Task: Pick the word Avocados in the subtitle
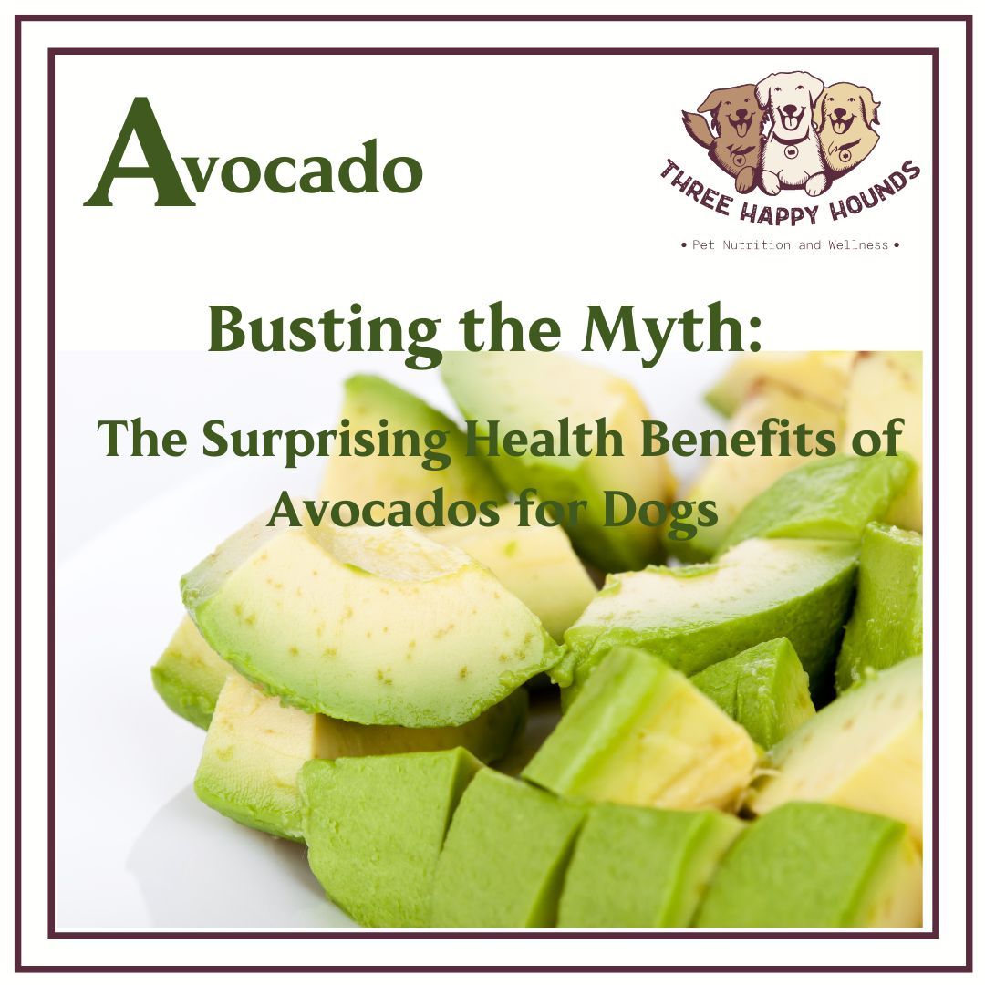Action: [383, 511]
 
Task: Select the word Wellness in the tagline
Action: [857, 245]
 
